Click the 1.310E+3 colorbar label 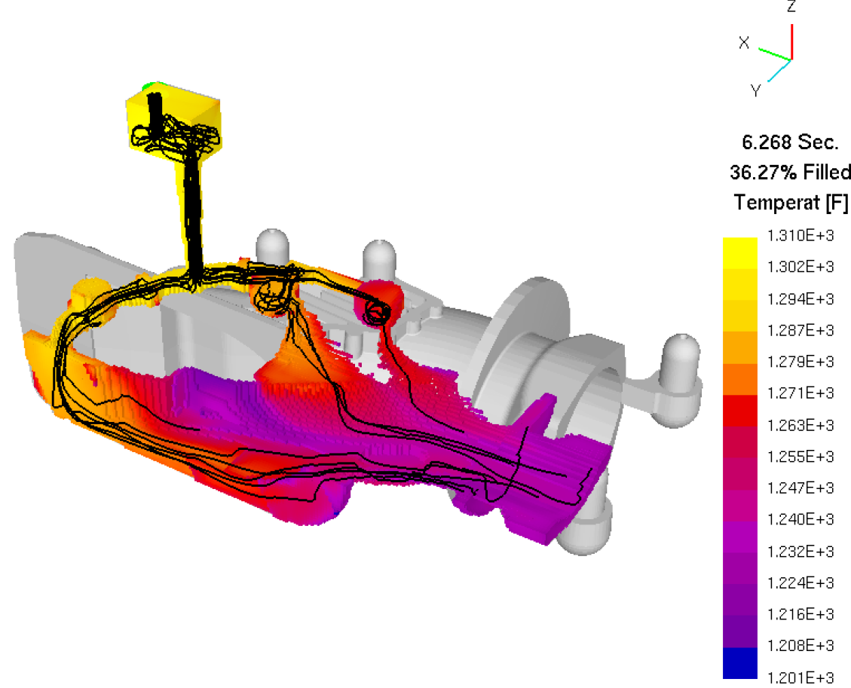coord(800,235)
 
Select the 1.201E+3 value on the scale coord(800,677)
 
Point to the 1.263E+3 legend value coord(800,425)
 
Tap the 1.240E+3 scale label coord(800,519)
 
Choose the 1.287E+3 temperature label coord(800,330)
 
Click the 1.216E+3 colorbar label coord(800,614)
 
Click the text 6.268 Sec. coord(790,142)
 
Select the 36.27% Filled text coord(790,173)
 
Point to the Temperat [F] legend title coord(791,203)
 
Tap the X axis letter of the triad coord(744,42)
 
